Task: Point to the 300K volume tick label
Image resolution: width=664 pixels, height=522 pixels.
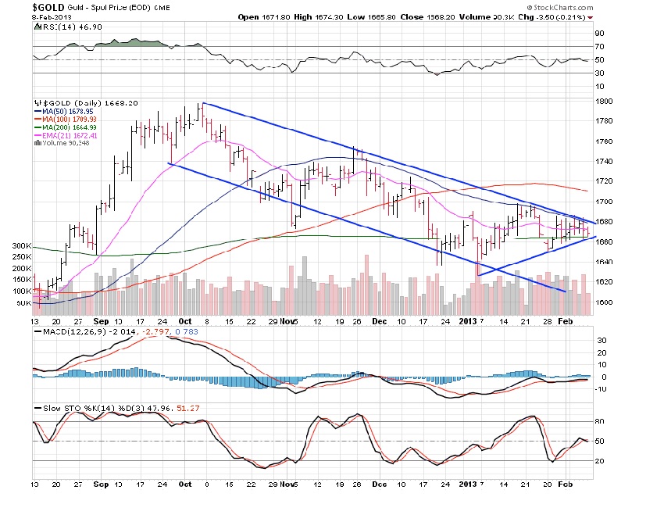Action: coord(23,245)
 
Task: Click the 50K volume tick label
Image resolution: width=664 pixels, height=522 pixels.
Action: coord(24,302)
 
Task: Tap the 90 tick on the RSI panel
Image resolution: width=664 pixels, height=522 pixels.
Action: coord(601,34)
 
